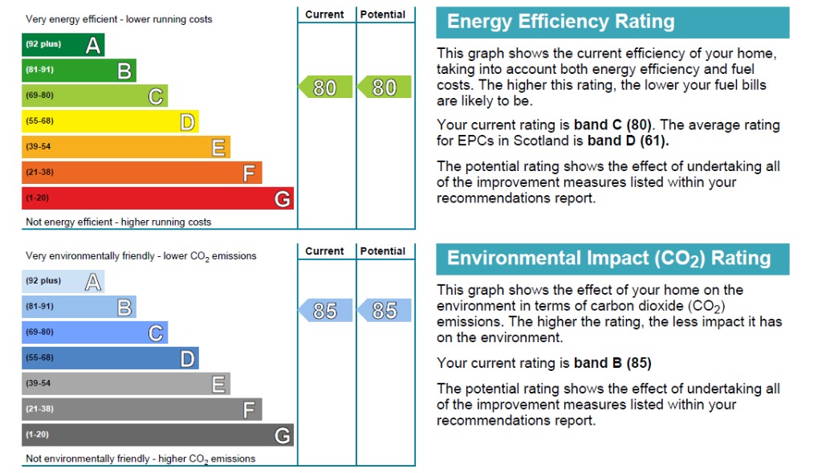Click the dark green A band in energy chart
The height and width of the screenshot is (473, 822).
pyautogui.click(x=63, y=45)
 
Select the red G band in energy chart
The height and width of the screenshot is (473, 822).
pyautogui.click(x=157, y=198)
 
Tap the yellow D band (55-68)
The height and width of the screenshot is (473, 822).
pyautogui.click(x=110, y=121)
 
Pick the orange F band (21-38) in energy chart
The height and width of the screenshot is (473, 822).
pyautogui.click(x=141, y=172)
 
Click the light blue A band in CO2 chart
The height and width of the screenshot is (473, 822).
pyautogui.click(x=63, y=281)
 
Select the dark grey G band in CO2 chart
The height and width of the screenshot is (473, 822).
pyautogui.click(x=157, y=434)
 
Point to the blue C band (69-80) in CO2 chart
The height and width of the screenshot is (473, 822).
pyautogui.click(x=95, y=332)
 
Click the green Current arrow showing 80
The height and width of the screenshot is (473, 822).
pyautogui.click(x=325, y=87)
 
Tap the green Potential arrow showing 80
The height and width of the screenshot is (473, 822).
pyautogui.click(x=385, y=87)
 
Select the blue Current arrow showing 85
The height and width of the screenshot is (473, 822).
pyautogui.click(x=325, y=310)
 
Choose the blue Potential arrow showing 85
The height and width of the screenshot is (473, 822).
pyautogui.click(x=385, y=310)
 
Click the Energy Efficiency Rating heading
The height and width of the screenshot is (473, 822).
pyautogui.click(x=560, y=22)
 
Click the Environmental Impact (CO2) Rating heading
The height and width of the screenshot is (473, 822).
pyautogui.click(x=608, y=259)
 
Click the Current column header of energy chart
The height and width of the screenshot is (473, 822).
pyautogui.click(x=324, y=14)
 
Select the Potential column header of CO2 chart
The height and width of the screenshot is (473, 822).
pyautogui.click(x=383, y=251)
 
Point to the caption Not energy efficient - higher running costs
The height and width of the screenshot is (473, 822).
pyautogui.click(x=119, y=222)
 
